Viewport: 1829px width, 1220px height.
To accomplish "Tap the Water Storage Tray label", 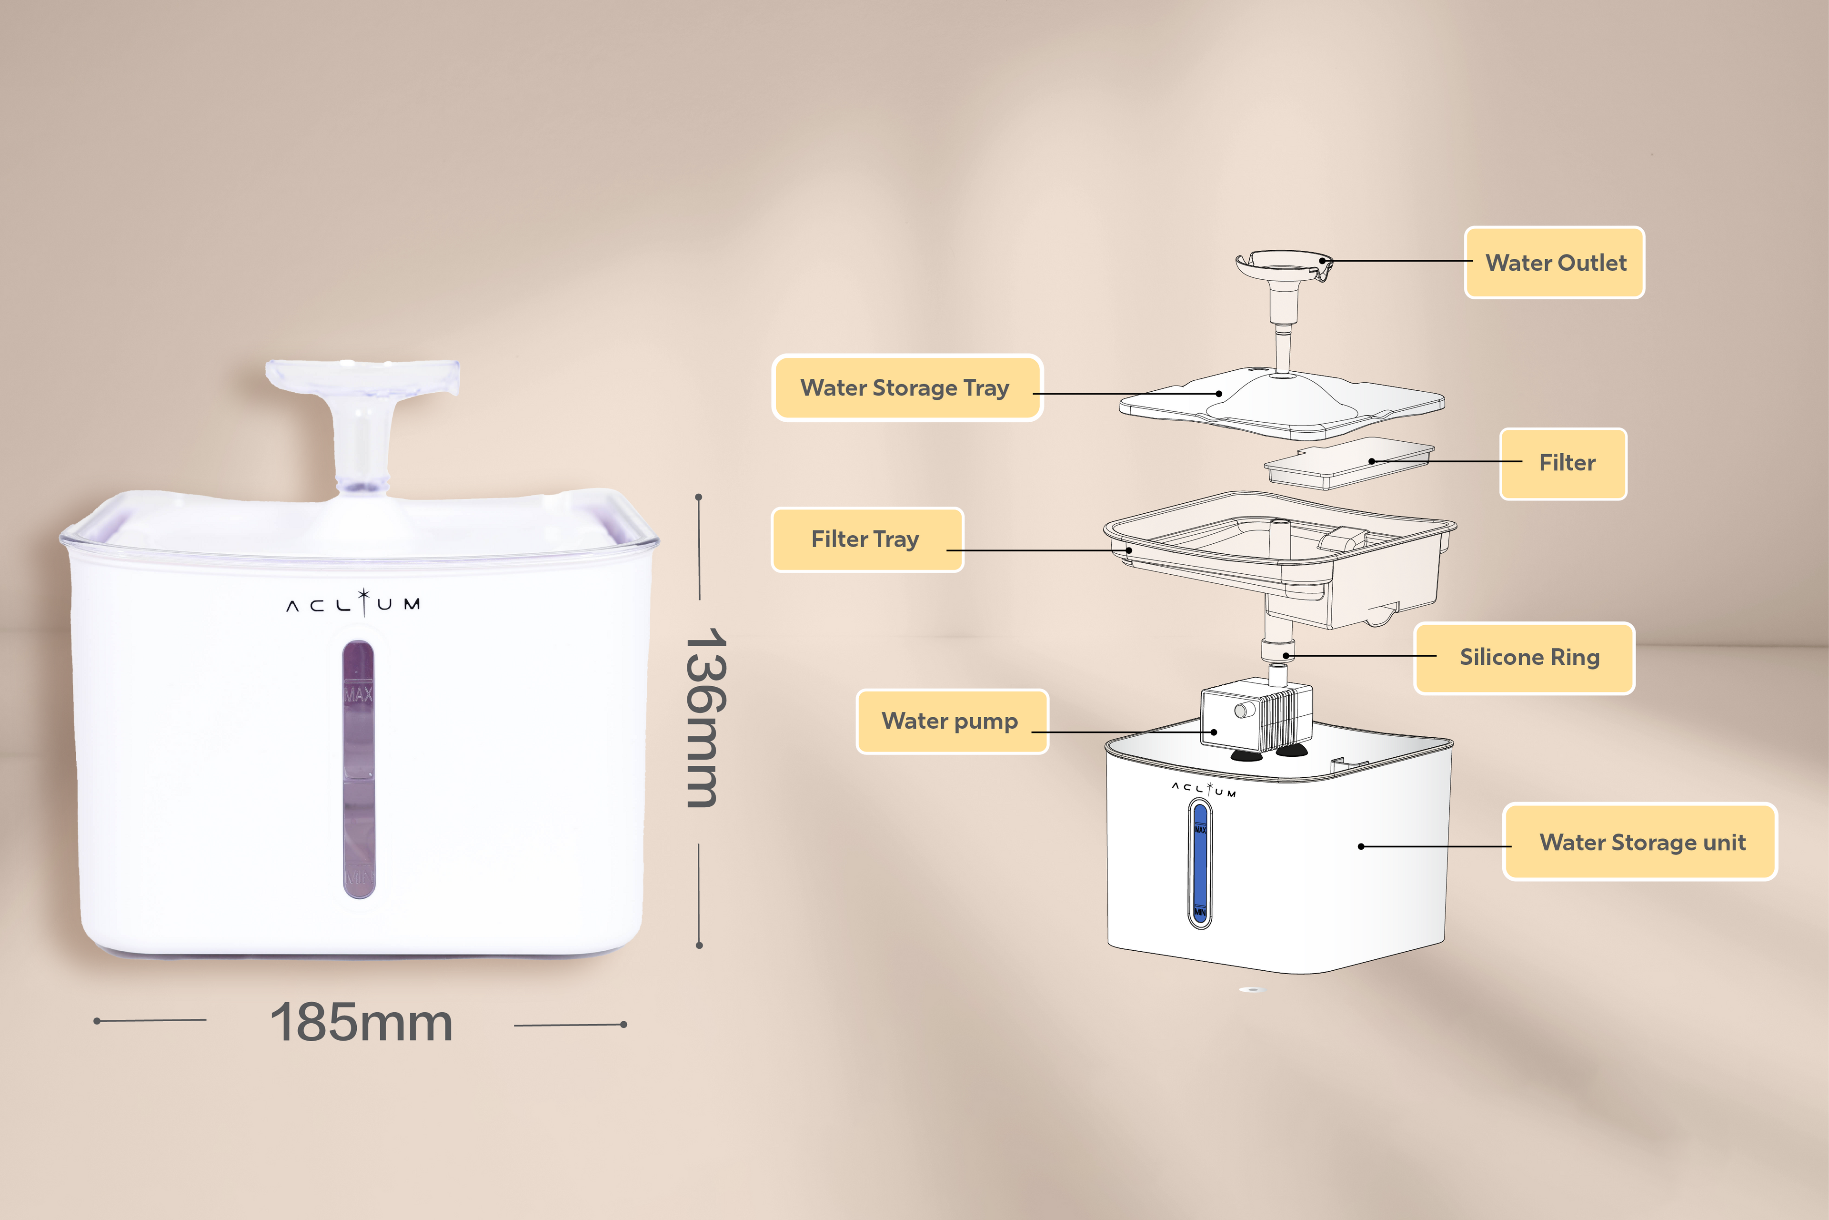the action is [x=907, y=387].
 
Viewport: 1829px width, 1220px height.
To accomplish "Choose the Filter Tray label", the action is [x=867, y=539].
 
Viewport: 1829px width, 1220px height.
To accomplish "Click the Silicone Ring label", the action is [x=1524, y=658].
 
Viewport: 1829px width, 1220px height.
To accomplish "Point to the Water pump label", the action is [x=952, y=721].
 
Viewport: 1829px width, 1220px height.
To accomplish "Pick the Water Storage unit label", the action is [x=1640, y=842].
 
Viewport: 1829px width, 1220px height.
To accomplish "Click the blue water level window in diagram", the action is [x=1199, y=864].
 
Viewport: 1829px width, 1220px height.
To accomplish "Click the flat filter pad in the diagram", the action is [x=1349, y=463].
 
